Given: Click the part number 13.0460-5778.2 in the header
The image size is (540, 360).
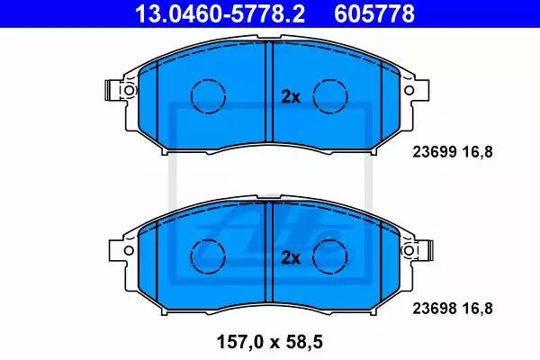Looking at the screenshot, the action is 220,13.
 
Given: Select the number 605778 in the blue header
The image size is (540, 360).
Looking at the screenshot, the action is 374,13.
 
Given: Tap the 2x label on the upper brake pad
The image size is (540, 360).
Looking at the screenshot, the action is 291,97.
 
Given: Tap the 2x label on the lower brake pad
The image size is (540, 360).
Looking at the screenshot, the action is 291,257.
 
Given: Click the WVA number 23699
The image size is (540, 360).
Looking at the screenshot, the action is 435,152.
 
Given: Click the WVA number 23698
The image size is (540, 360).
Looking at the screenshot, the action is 435,309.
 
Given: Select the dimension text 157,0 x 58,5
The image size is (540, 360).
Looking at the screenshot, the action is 270,342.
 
